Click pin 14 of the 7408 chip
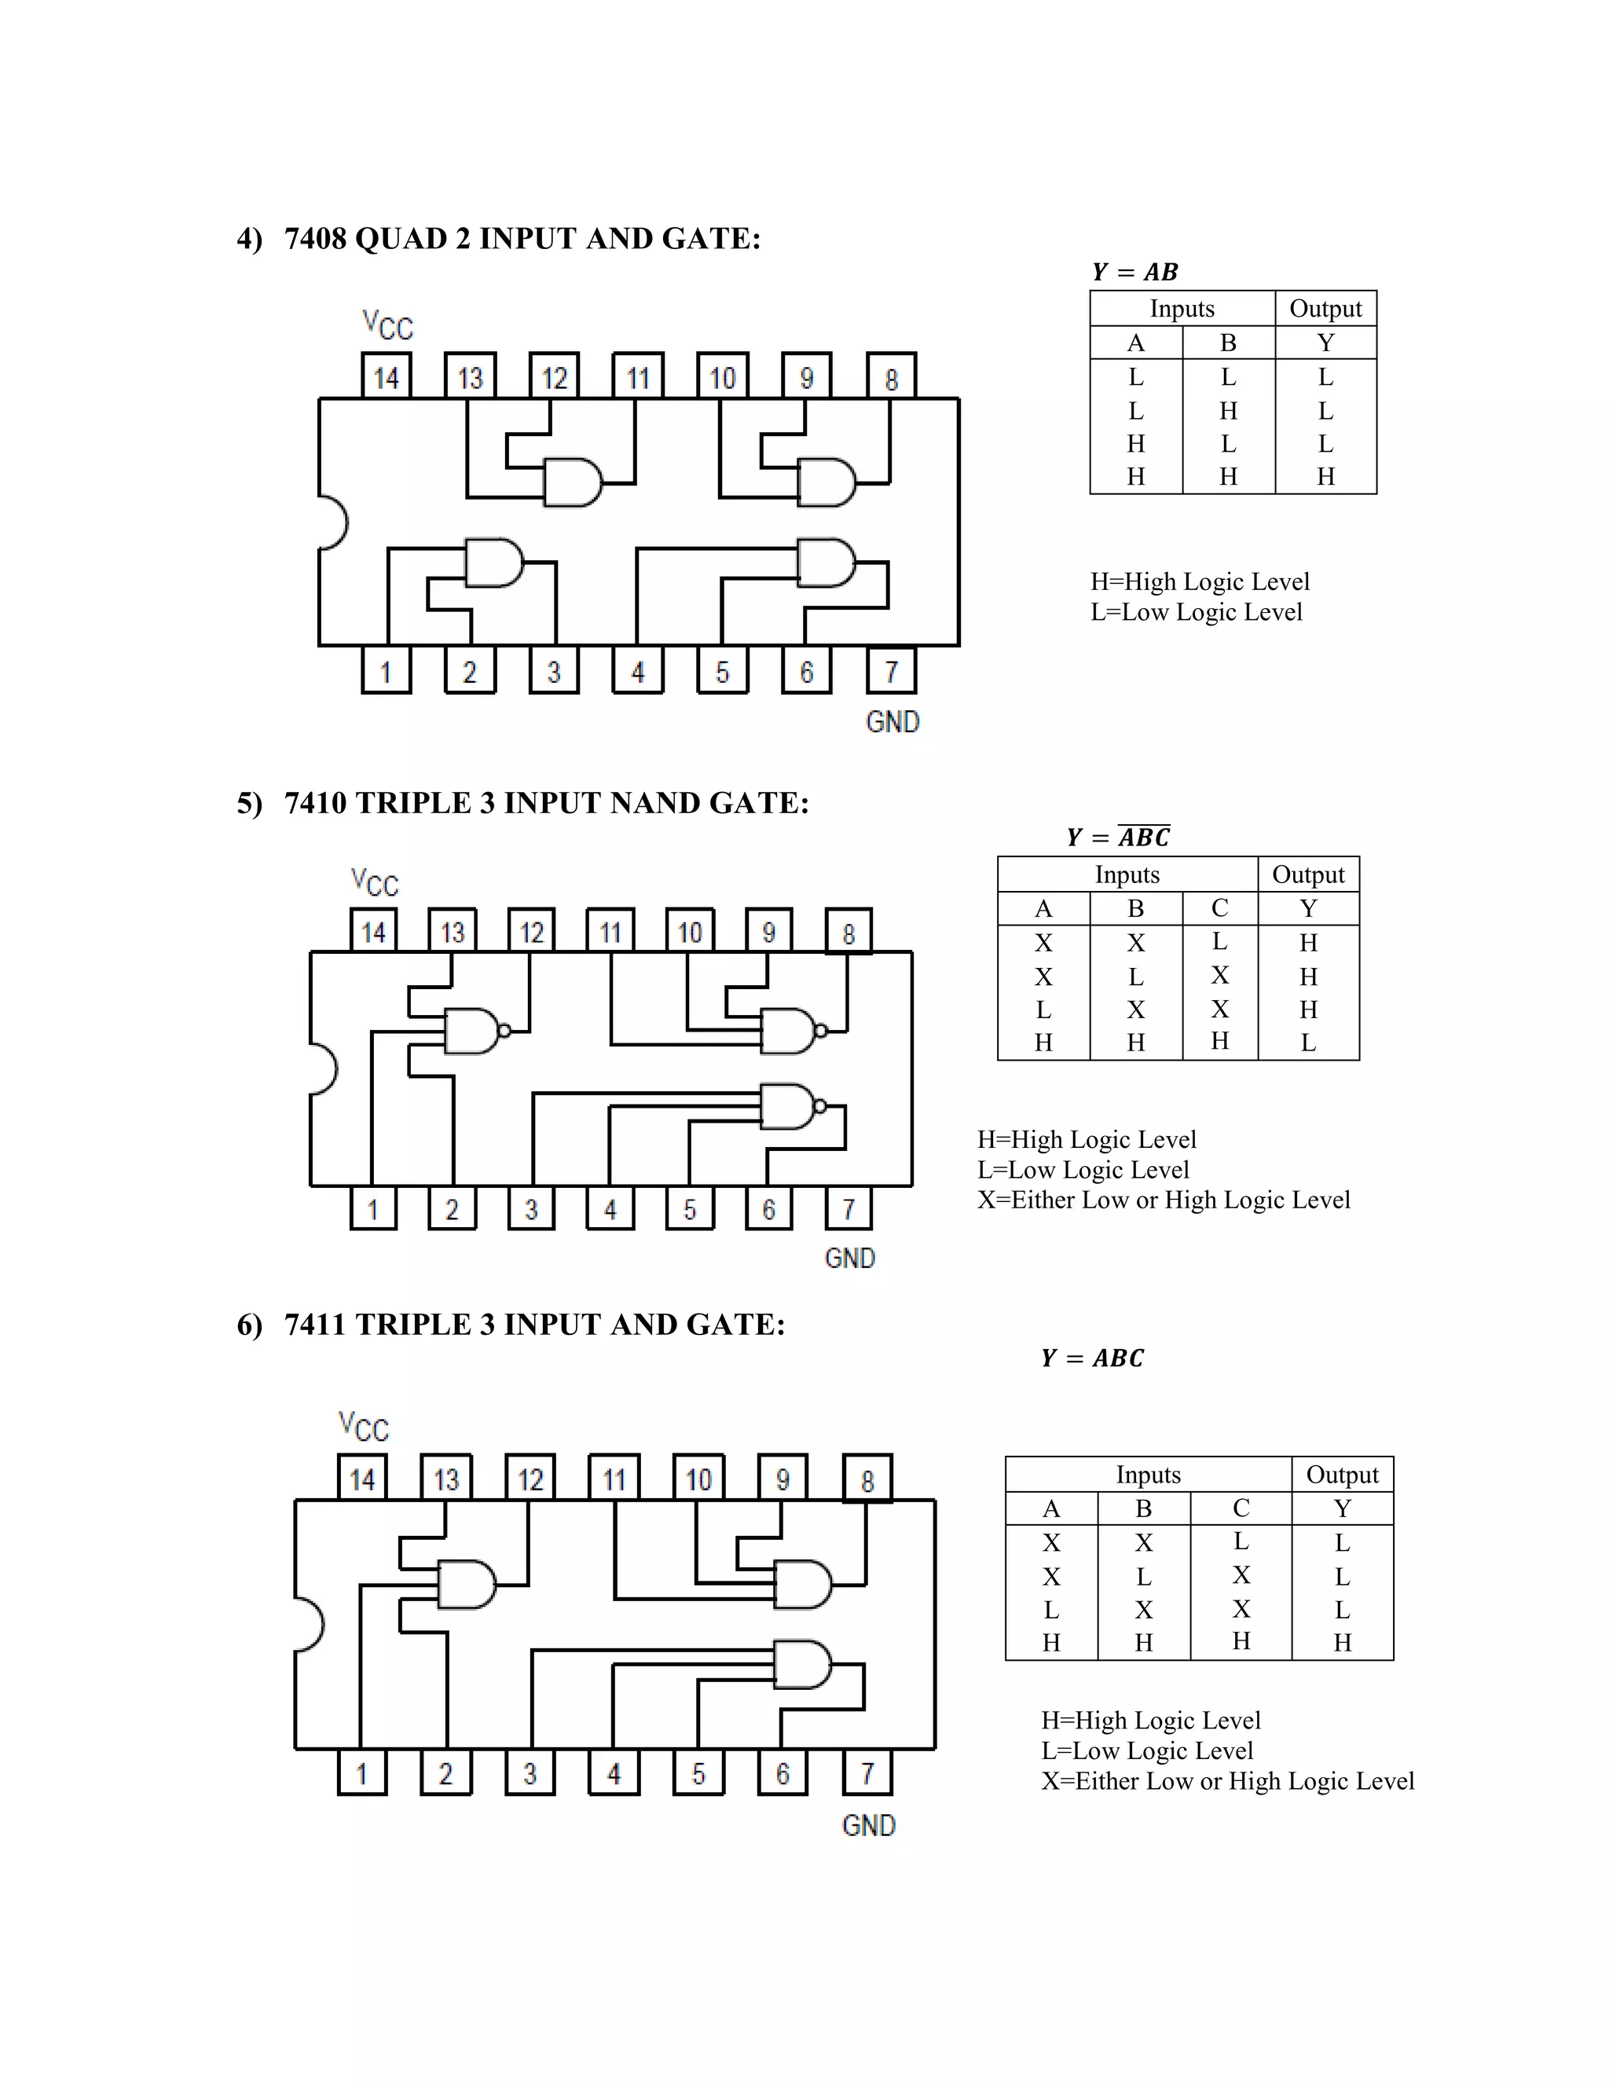[x=386, y=376]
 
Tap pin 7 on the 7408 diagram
[x=891, y=671]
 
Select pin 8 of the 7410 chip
[x=848, y=933]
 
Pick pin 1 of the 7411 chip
[x=362, y=1773]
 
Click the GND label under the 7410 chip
[x=849, y=1259]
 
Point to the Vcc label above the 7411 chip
[x=363, y=1427]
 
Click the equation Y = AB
[x=1134, y=272]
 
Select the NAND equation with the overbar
[x=1118, y=837]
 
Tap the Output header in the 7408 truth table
[x=1325, y=309]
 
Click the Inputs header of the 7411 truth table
[x=1148, y=1475]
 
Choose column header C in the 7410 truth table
[x=1219, y=908]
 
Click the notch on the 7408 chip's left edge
[x=332, y=522]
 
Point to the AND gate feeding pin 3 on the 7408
[x=493, y=563]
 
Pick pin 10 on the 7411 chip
[x=698, y=1479]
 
